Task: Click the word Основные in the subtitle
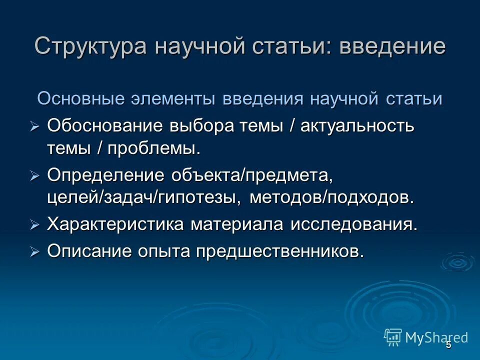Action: pyautogui.click(x=80, y=98)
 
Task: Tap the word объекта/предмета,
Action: pyautogui.click(x=252, y=175)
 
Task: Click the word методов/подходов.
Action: pyautogui.click(x=332, y=197)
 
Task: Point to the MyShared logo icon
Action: pyautogui.click(x=393, y=337)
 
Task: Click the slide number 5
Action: pyautogui.click(x=448, y=345)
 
